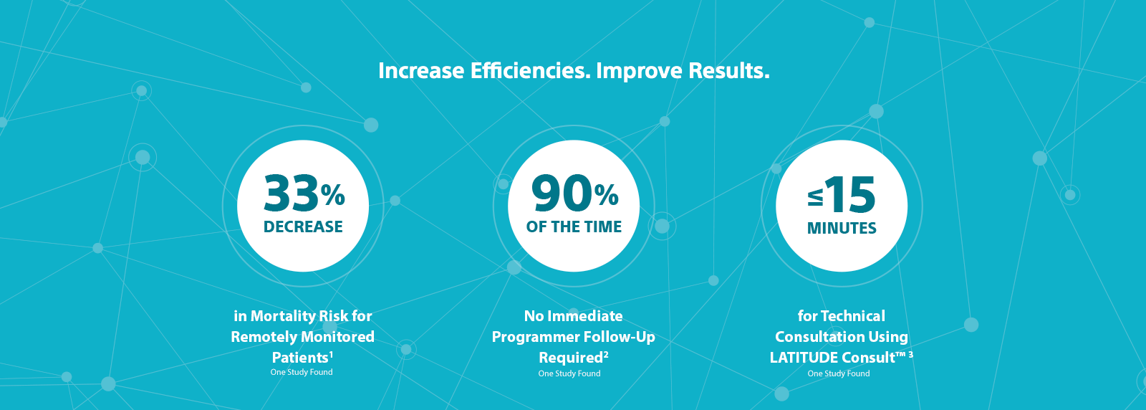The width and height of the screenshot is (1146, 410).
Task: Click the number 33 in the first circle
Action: (291, 194)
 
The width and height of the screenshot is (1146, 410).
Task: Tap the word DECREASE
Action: (303, 227)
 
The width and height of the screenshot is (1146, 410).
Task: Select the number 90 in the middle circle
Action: (562, 194)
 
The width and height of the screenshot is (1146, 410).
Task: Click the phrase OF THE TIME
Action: (574, 227)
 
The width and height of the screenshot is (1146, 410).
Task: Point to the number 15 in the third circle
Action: (850, 195)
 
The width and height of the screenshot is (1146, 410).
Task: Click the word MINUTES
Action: (842, 228)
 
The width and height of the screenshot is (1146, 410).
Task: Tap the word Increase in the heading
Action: (421, 71)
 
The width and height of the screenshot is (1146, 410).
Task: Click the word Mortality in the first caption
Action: (281, 316)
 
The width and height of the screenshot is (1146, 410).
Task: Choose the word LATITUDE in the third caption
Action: (801, 357)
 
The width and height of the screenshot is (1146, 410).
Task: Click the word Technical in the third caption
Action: (855, 316)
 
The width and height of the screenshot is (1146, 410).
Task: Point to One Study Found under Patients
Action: (302, 372)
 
